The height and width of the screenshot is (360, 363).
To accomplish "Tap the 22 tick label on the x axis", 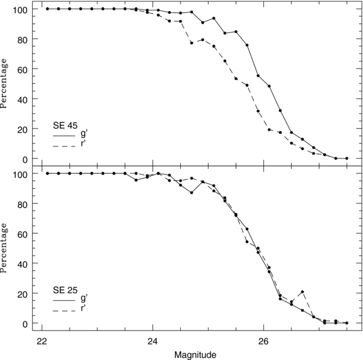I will click(42, 340).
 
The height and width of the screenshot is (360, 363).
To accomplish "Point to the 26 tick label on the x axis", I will click(264, 340).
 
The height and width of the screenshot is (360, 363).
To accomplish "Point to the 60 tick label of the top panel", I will click(23, 69).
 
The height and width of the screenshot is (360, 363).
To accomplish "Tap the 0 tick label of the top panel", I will click(25, 159).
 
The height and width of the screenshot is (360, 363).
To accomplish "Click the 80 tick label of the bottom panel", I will click(23, 204).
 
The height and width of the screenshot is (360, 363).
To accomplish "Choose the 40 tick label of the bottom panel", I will click(23, 263).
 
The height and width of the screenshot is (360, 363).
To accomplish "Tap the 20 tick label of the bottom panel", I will click(23, 293).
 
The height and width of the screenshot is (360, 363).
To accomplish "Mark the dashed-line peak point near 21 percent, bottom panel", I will click(302, 292).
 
